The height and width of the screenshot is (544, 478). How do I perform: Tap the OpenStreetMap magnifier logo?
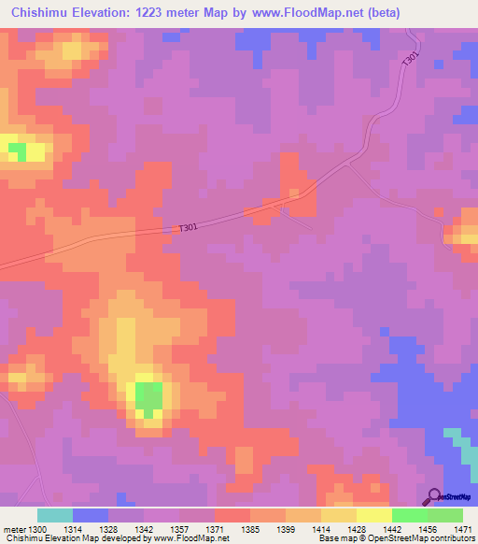tap(434, 496)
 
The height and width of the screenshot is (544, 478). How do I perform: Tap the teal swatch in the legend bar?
tap(54, 515)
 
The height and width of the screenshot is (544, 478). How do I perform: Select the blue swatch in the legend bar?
tap(90, 515)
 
